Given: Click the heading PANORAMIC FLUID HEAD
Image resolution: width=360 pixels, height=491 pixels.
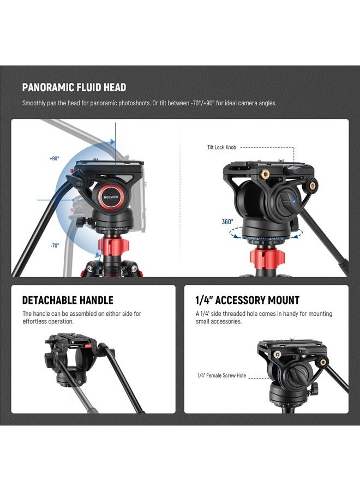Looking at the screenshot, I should (x=74, y=87).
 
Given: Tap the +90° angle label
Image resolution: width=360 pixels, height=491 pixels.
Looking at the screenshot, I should (x=54, y=158).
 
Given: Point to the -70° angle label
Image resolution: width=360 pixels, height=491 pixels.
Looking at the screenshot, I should (x=55, y=245).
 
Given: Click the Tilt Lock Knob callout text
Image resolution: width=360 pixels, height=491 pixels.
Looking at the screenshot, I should (x=221, y=147).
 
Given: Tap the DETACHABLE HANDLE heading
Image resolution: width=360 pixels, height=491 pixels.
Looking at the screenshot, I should (x=68, y=300).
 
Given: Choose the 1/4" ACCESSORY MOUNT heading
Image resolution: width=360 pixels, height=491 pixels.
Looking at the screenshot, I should (x=247, y=300).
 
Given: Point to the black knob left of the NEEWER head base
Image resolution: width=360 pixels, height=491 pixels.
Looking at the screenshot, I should (x=80, y=222).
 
